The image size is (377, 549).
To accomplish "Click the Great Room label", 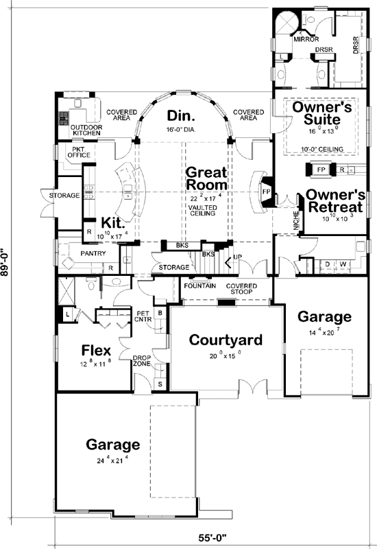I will [x=207, y=178].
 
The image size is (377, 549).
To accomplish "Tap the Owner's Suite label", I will [x=322, y=115].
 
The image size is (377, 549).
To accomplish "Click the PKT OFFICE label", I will [x=77, y=152].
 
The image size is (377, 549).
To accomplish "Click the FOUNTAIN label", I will [x=199, y=285].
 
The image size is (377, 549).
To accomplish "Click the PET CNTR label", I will [x=144, y=316].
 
